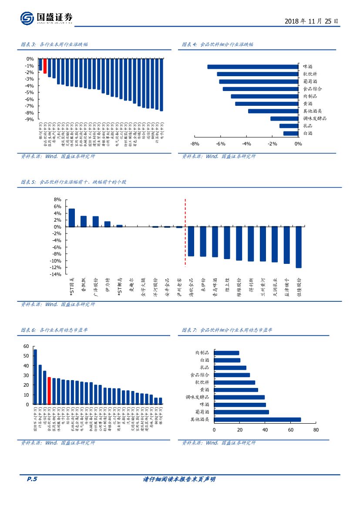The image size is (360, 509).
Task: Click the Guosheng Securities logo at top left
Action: tap(46, 18)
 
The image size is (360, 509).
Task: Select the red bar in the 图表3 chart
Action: tap(45, 66)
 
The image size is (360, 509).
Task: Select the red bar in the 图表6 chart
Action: tap(49, 391)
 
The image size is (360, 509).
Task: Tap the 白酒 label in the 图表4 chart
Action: tap(308, 133)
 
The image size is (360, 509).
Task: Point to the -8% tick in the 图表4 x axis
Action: tap(195, 144)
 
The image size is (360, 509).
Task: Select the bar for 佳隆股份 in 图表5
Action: tap(299, 247)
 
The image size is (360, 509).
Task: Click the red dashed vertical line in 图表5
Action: tap(185, 233)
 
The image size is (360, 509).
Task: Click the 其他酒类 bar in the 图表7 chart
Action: tap(257, 420)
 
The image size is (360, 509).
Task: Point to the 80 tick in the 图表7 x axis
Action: tap(316, 430)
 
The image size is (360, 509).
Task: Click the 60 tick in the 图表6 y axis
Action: tap(26, 346)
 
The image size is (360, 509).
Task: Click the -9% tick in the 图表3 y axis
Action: tap(30, 119)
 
